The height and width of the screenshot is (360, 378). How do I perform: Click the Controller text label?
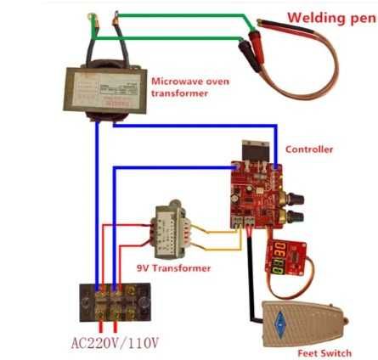[x=309, y=149]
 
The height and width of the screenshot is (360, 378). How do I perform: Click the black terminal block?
[x=116, y=297]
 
